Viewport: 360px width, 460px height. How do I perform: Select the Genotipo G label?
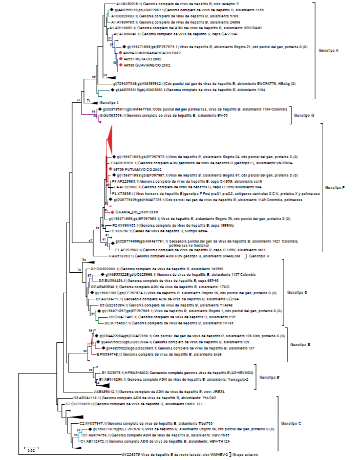pos(304,115)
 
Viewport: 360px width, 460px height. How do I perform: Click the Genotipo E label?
pos(304,345)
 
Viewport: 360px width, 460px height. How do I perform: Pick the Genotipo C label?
pos(292,424)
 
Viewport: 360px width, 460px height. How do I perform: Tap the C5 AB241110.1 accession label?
pos(87,398)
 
